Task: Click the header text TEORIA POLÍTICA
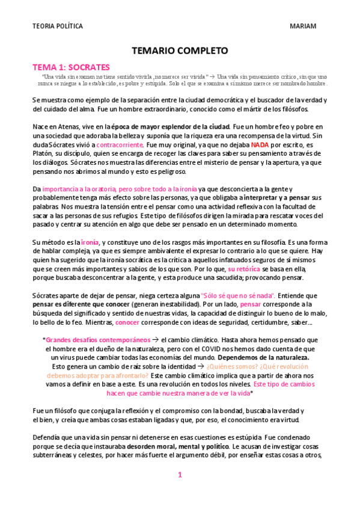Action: pyautogui.click(x=58, y=26)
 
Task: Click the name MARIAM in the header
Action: pyautogui.click(x=303, y=26)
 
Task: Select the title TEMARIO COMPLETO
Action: pyautogui.click(x=179, y=52)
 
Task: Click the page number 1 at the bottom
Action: pyautogui.click(x=180, y=475)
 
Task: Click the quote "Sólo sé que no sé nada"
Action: pyautogui.click(x=238, y=295)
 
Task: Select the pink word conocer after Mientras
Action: pyautogui.click(x=127, y=322)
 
